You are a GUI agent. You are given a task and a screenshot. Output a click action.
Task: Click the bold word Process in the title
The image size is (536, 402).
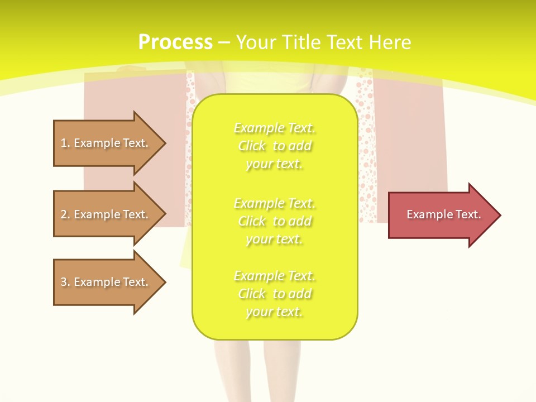click(175, 42)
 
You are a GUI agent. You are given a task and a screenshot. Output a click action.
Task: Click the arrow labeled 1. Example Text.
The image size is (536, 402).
click(106, 143)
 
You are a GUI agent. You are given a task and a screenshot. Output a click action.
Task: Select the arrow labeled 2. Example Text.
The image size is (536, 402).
click(106, 214)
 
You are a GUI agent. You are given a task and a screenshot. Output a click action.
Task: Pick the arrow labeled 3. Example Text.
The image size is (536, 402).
click(106, 282)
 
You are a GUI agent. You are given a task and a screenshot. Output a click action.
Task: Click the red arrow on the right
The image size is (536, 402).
click(441, 215)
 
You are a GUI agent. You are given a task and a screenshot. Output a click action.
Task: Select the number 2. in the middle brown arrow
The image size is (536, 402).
click(65, 214)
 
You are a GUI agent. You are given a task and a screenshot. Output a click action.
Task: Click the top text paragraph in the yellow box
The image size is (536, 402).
click(275, 146)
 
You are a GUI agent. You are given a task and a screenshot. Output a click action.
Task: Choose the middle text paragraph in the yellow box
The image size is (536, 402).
click(275, 221)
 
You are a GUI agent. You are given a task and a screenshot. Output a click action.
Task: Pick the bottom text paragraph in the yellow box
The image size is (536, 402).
click(275, 294)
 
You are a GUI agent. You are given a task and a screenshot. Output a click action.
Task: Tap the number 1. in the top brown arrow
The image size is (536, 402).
click(65, 143)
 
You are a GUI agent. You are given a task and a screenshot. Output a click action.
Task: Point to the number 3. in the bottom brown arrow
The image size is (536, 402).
click(65, 282)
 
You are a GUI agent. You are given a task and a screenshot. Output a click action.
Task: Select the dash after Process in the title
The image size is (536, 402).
click(224, 42)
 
